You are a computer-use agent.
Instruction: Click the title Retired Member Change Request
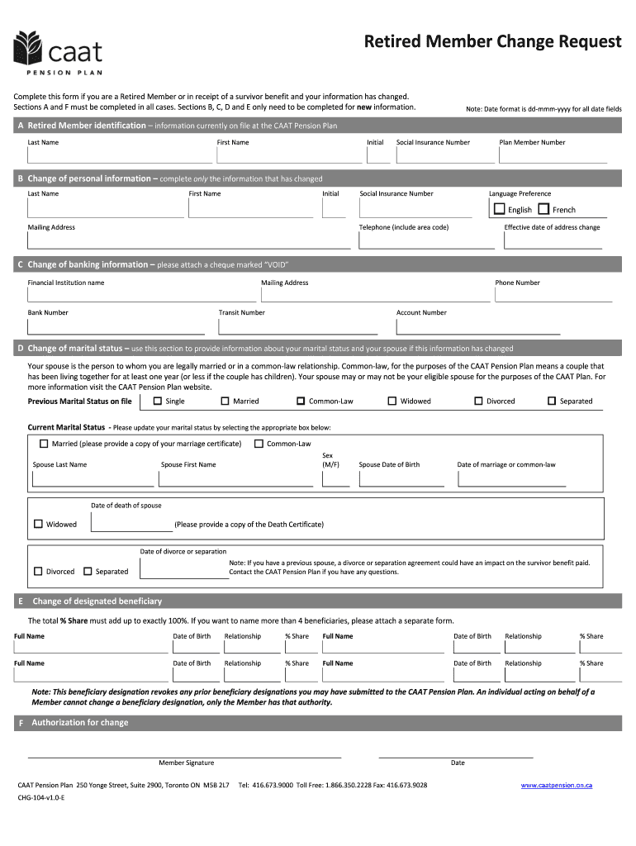[x=493, y=42]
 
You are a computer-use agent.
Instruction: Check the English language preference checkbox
[x=500, y=209]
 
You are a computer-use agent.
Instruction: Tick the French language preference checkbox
[x=543, y=209]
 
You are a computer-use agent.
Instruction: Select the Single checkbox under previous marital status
[x=158, y=401]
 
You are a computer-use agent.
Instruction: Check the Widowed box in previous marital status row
[x=392, y=401]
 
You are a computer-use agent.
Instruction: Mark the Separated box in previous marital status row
[x=552, y=401]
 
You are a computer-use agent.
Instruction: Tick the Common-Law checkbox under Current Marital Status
[x=259, y=444]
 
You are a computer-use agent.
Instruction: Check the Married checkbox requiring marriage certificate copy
[x=44, y=444]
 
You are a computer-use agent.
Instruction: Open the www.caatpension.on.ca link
[x=556, y=785]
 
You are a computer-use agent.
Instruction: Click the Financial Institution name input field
[x=141, y=295]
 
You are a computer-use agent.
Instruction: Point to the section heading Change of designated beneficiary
[x=97, y=601]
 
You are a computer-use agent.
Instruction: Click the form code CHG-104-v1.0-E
[x=41, y=800]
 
